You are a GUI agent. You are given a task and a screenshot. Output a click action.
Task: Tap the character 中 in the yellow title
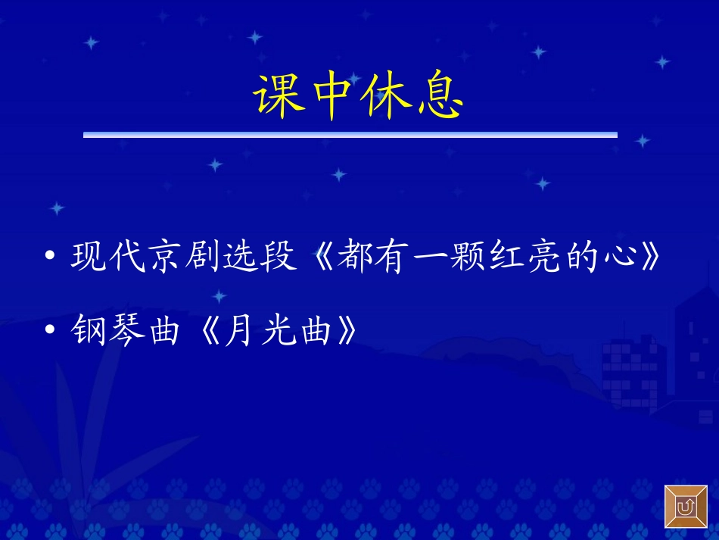pyautogui.click(x=332, y=97)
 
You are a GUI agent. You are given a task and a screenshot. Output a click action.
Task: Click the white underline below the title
pyautogui.click(x=350, y=135)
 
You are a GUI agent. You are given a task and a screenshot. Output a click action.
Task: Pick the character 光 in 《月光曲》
pyautogui.click(x=279, y=331)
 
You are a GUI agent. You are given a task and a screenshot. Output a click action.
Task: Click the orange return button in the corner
pyautogui.click(x=686, y=507)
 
